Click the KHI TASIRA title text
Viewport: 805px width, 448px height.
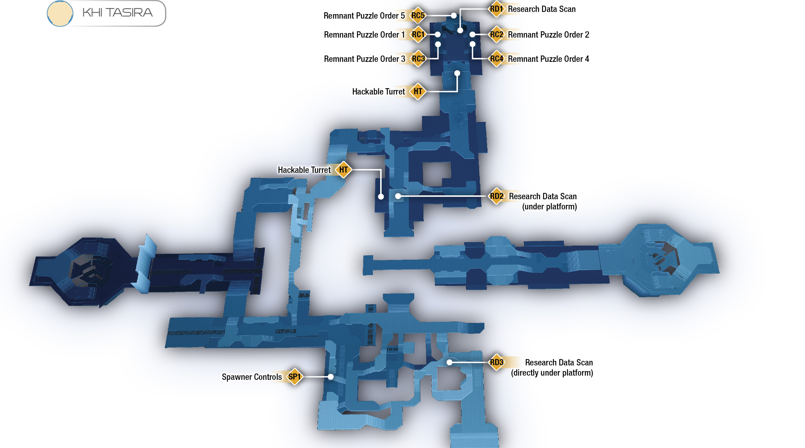coord(117,13)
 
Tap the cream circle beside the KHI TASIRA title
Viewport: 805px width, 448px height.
coord(60,13)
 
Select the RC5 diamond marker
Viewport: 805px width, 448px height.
coord(418,15)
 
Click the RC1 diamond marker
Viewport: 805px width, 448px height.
coord(418,34)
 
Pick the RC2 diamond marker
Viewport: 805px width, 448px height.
coord(496,34)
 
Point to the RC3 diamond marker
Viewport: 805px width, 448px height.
coord(418,59)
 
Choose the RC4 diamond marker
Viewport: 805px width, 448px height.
coord(496,59)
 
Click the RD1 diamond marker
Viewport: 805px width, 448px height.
coord(496,9)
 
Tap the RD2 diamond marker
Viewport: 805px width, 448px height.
coord(496,196)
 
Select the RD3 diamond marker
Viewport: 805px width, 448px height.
coord(496,362)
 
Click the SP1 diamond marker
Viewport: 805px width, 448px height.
coord(294,377)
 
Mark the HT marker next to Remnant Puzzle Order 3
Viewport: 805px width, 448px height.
coord(418,91)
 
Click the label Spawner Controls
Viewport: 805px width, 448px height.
coord(252,377)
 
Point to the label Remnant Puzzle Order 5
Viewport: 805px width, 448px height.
coord(364,16)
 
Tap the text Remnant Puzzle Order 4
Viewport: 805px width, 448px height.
coord(548,59)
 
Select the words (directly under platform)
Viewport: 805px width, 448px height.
coord(552,373)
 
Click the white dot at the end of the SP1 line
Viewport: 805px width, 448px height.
coord(331,377)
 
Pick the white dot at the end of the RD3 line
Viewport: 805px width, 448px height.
coord(449,362)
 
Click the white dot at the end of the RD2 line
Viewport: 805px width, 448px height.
coord(398,196)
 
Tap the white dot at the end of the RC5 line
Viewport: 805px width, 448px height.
coord(454,15)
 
